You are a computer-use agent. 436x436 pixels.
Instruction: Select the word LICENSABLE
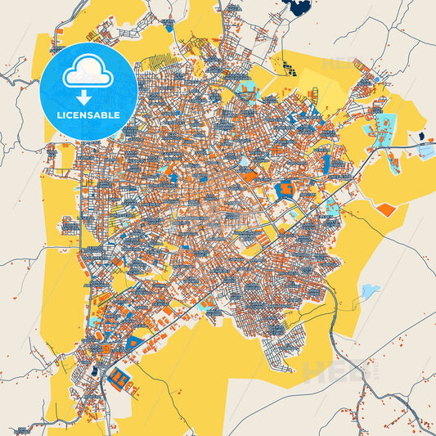pos(88,115)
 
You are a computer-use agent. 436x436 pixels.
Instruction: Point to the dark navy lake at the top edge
pos(296,8)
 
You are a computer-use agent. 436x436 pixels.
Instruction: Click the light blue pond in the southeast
pos(370,290)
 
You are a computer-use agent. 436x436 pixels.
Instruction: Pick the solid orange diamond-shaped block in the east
pos(386,209)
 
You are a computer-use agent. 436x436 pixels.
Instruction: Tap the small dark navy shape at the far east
pos(421,136)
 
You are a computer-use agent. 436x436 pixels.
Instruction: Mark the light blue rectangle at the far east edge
pos(426,151)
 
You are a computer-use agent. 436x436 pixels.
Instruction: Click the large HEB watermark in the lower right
pos(335,372)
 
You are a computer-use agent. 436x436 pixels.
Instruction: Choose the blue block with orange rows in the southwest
pos(120,377)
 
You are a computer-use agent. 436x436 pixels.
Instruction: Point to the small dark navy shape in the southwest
pos(96,371)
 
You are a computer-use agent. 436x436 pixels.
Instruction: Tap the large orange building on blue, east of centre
pos(286,191)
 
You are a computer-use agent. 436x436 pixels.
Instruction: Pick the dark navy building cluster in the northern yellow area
pos(286,65)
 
